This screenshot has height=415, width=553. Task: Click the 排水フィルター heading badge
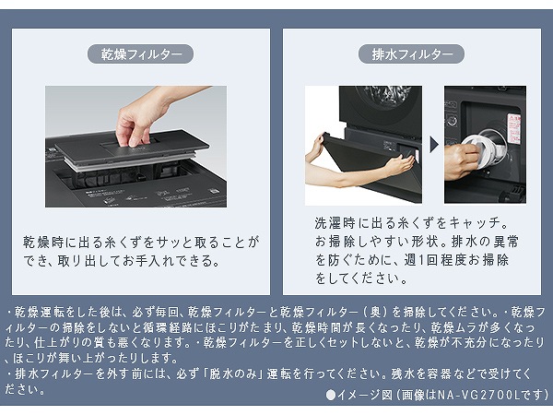pos(412,54)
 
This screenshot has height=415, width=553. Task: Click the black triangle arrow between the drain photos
pos(431,146)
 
